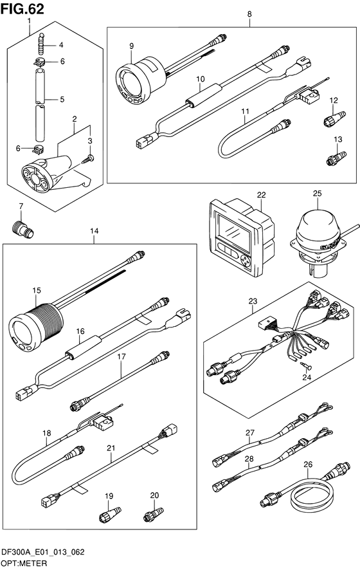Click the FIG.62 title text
click(22, 8)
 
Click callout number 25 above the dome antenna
click(317, 194)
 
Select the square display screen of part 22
click(233, 233)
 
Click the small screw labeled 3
click(88, 159)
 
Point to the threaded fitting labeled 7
click(21, 230)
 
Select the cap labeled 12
click(334, 118)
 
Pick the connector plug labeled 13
click(336, 158)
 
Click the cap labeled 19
click(111, 515)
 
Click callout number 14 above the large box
click(94, 231)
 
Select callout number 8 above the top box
click(249, 14)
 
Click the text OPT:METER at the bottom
click(24, 564)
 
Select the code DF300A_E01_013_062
click(43, 552)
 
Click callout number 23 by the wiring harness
click(253, 301)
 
